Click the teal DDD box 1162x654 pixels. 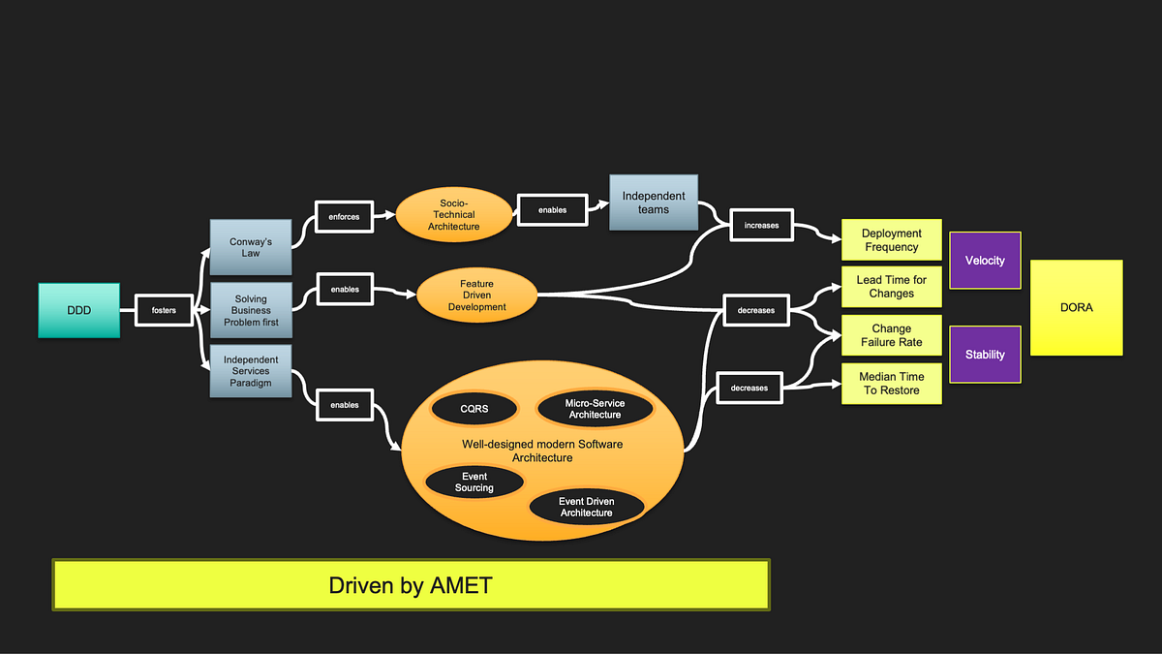click(78, 310)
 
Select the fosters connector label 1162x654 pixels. click(164, 310)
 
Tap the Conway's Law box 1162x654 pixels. click(251, 247)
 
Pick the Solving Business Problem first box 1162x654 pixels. click(251, 310)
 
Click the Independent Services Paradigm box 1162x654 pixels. click(251, 371)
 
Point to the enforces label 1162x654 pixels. click(344, 217)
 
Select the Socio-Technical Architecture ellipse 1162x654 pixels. click(453, 214)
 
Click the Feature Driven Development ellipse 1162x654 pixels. click(475, 296)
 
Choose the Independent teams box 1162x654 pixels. click(653, 202)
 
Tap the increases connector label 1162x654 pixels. click(761, 225)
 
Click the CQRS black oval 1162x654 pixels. click(474, 409)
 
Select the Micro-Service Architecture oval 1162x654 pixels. click(595, 409)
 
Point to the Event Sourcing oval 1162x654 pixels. click(474, 483)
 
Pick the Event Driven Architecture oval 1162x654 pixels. click(587, 507)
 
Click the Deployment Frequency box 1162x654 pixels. click(891, 240)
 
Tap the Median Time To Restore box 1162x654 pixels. click(891, 384)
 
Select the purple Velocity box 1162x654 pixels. click(985, 260)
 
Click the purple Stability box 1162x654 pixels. click(985, 355)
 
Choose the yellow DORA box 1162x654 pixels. click(1076, 307)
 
